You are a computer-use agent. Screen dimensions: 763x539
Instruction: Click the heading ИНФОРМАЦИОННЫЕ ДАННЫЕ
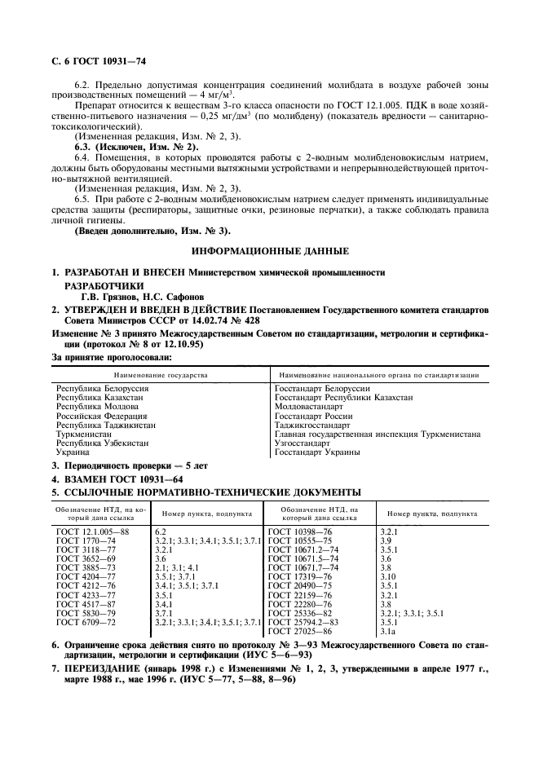tap(269, 250)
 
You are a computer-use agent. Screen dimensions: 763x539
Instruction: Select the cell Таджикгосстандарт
tap(312, 425)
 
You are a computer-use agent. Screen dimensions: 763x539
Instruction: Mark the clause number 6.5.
tap(82, 200)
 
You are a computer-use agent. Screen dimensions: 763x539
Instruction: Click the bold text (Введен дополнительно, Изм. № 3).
tap(141, 231)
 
